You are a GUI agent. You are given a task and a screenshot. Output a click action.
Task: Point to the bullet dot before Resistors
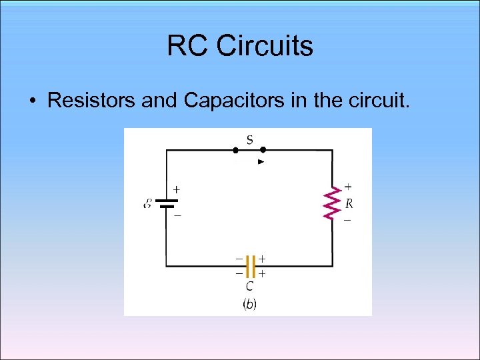tap(32, 102)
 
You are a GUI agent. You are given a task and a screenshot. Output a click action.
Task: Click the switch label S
tap(249, 139)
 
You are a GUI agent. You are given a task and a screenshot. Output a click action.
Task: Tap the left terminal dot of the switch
tap(235, 151)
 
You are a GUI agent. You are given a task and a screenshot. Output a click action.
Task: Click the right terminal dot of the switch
tap(263, 151)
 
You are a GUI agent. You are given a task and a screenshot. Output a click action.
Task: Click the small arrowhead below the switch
tap(261, 161)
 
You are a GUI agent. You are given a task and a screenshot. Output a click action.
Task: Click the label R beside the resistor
tap(349, 203)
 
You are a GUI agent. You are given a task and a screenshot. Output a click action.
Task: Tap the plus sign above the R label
tap(348, 187)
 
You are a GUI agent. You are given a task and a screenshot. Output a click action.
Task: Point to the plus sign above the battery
tap(177, 189)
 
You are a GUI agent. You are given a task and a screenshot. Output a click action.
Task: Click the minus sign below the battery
tap(177, 215)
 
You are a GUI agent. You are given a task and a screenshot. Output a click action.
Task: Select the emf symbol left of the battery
tap(147, 203)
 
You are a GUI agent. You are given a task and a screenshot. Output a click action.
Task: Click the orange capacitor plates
tap(249, 266)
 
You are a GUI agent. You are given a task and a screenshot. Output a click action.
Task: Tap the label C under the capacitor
tap(249, 287)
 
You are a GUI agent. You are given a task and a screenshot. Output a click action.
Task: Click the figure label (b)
tap(249, 304)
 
